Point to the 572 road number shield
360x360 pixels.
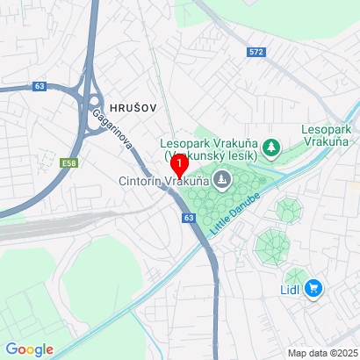[256, 52]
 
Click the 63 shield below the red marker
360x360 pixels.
[189, 217]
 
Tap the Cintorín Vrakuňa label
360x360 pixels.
[163, 183]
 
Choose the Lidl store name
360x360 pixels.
[291, 289]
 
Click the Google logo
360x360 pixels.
[28, 349]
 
